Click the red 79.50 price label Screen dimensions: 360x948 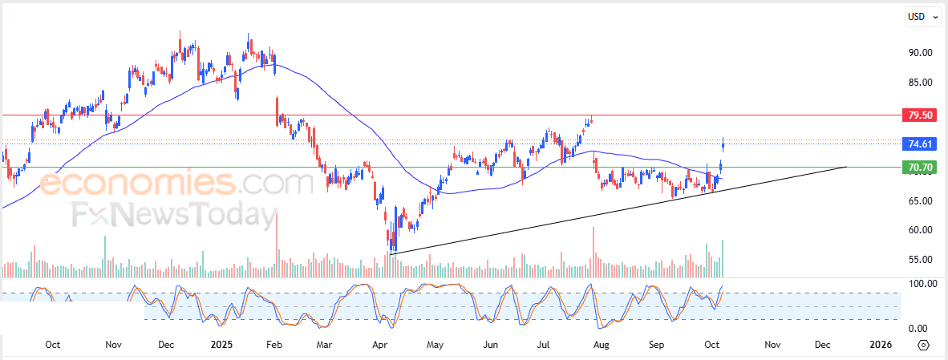click(x=919, y=115)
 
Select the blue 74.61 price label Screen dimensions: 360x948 click(x=919, y=144)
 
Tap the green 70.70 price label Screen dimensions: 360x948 click(x=919, y=168)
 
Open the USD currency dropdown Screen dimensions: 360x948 click(x=922, y=16)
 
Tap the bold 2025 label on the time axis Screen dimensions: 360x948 click(x=221, y=345)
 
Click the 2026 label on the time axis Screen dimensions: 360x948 click(x=881, y=345)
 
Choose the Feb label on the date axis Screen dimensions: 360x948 click(x=274, y=345)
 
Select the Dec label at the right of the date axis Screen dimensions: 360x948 click(x=822, y=345)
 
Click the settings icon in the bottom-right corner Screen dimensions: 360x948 click(x=923, y=345)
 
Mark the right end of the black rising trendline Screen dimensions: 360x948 click(x=846, y=167)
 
